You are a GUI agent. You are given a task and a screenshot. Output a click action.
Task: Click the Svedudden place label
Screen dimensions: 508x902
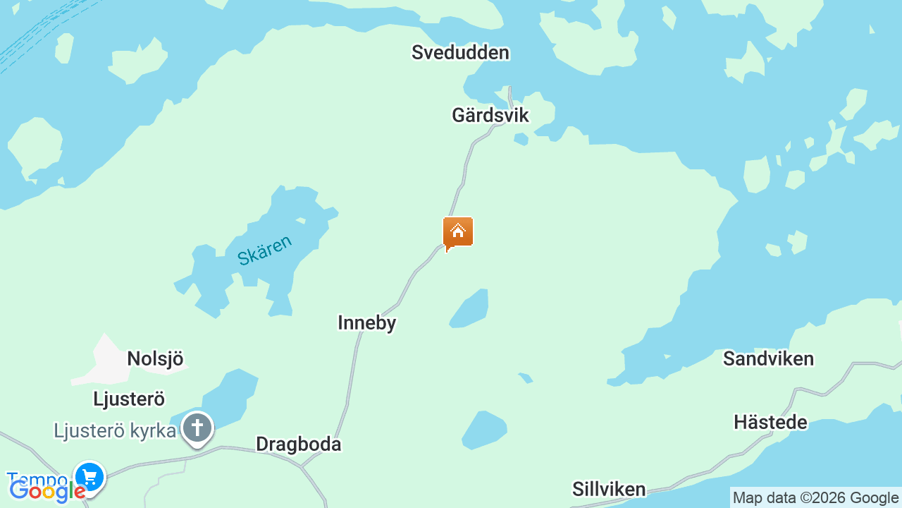coord(460,53)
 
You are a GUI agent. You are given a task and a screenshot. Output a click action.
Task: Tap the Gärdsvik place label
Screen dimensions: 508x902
coord(490,115)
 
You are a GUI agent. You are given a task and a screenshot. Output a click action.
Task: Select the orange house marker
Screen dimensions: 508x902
coord(458,232)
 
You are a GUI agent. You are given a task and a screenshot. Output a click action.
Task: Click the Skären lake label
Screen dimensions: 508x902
coord(264,250)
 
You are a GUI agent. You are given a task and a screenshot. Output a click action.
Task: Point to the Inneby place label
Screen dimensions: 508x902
coord(366,323)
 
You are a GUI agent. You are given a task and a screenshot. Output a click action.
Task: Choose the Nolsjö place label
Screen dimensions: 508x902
coord(155,359)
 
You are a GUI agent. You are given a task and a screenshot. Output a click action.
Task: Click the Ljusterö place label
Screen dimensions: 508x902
coord(129,399)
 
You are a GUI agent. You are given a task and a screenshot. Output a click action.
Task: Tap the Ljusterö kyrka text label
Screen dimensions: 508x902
coord(114,430)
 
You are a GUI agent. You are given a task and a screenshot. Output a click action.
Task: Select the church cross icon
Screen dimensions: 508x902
coord(197,428)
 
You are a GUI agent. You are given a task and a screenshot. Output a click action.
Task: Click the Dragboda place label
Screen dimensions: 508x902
coord(298,445)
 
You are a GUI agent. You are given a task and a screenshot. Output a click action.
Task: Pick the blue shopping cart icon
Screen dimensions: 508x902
coord(89,476)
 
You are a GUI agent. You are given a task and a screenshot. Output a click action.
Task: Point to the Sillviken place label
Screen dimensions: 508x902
coord(609,490)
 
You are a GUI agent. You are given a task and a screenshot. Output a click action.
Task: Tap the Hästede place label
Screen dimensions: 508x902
coord(770,423)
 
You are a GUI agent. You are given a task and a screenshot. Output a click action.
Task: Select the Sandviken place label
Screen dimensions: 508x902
coord(768,359)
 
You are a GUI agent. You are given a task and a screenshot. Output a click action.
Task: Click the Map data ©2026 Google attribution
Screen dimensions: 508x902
coord(815,498)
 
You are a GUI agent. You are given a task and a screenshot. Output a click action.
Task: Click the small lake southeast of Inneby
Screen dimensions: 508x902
coord(471,309)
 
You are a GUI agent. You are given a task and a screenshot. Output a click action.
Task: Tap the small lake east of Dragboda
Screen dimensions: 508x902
coord(483,429)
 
